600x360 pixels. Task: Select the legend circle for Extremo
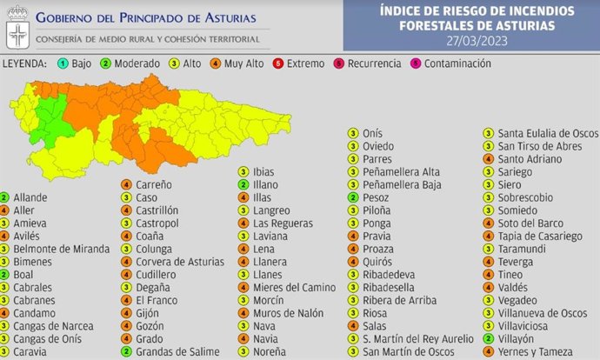coord(277,63)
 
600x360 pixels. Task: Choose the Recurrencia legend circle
coord(342,63)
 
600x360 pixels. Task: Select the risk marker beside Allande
coord(5,197)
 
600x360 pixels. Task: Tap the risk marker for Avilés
coord(5,236)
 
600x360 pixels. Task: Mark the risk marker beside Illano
coord(243,184)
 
